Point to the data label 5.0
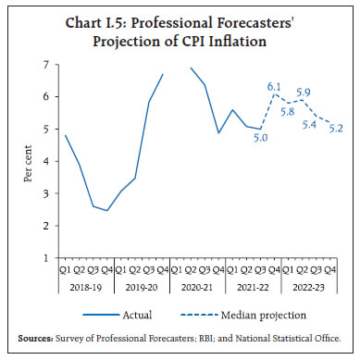coord(262,138)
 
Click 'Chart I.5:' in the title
coord(103,22)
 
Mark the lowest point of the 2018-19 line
coord(106,211)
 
